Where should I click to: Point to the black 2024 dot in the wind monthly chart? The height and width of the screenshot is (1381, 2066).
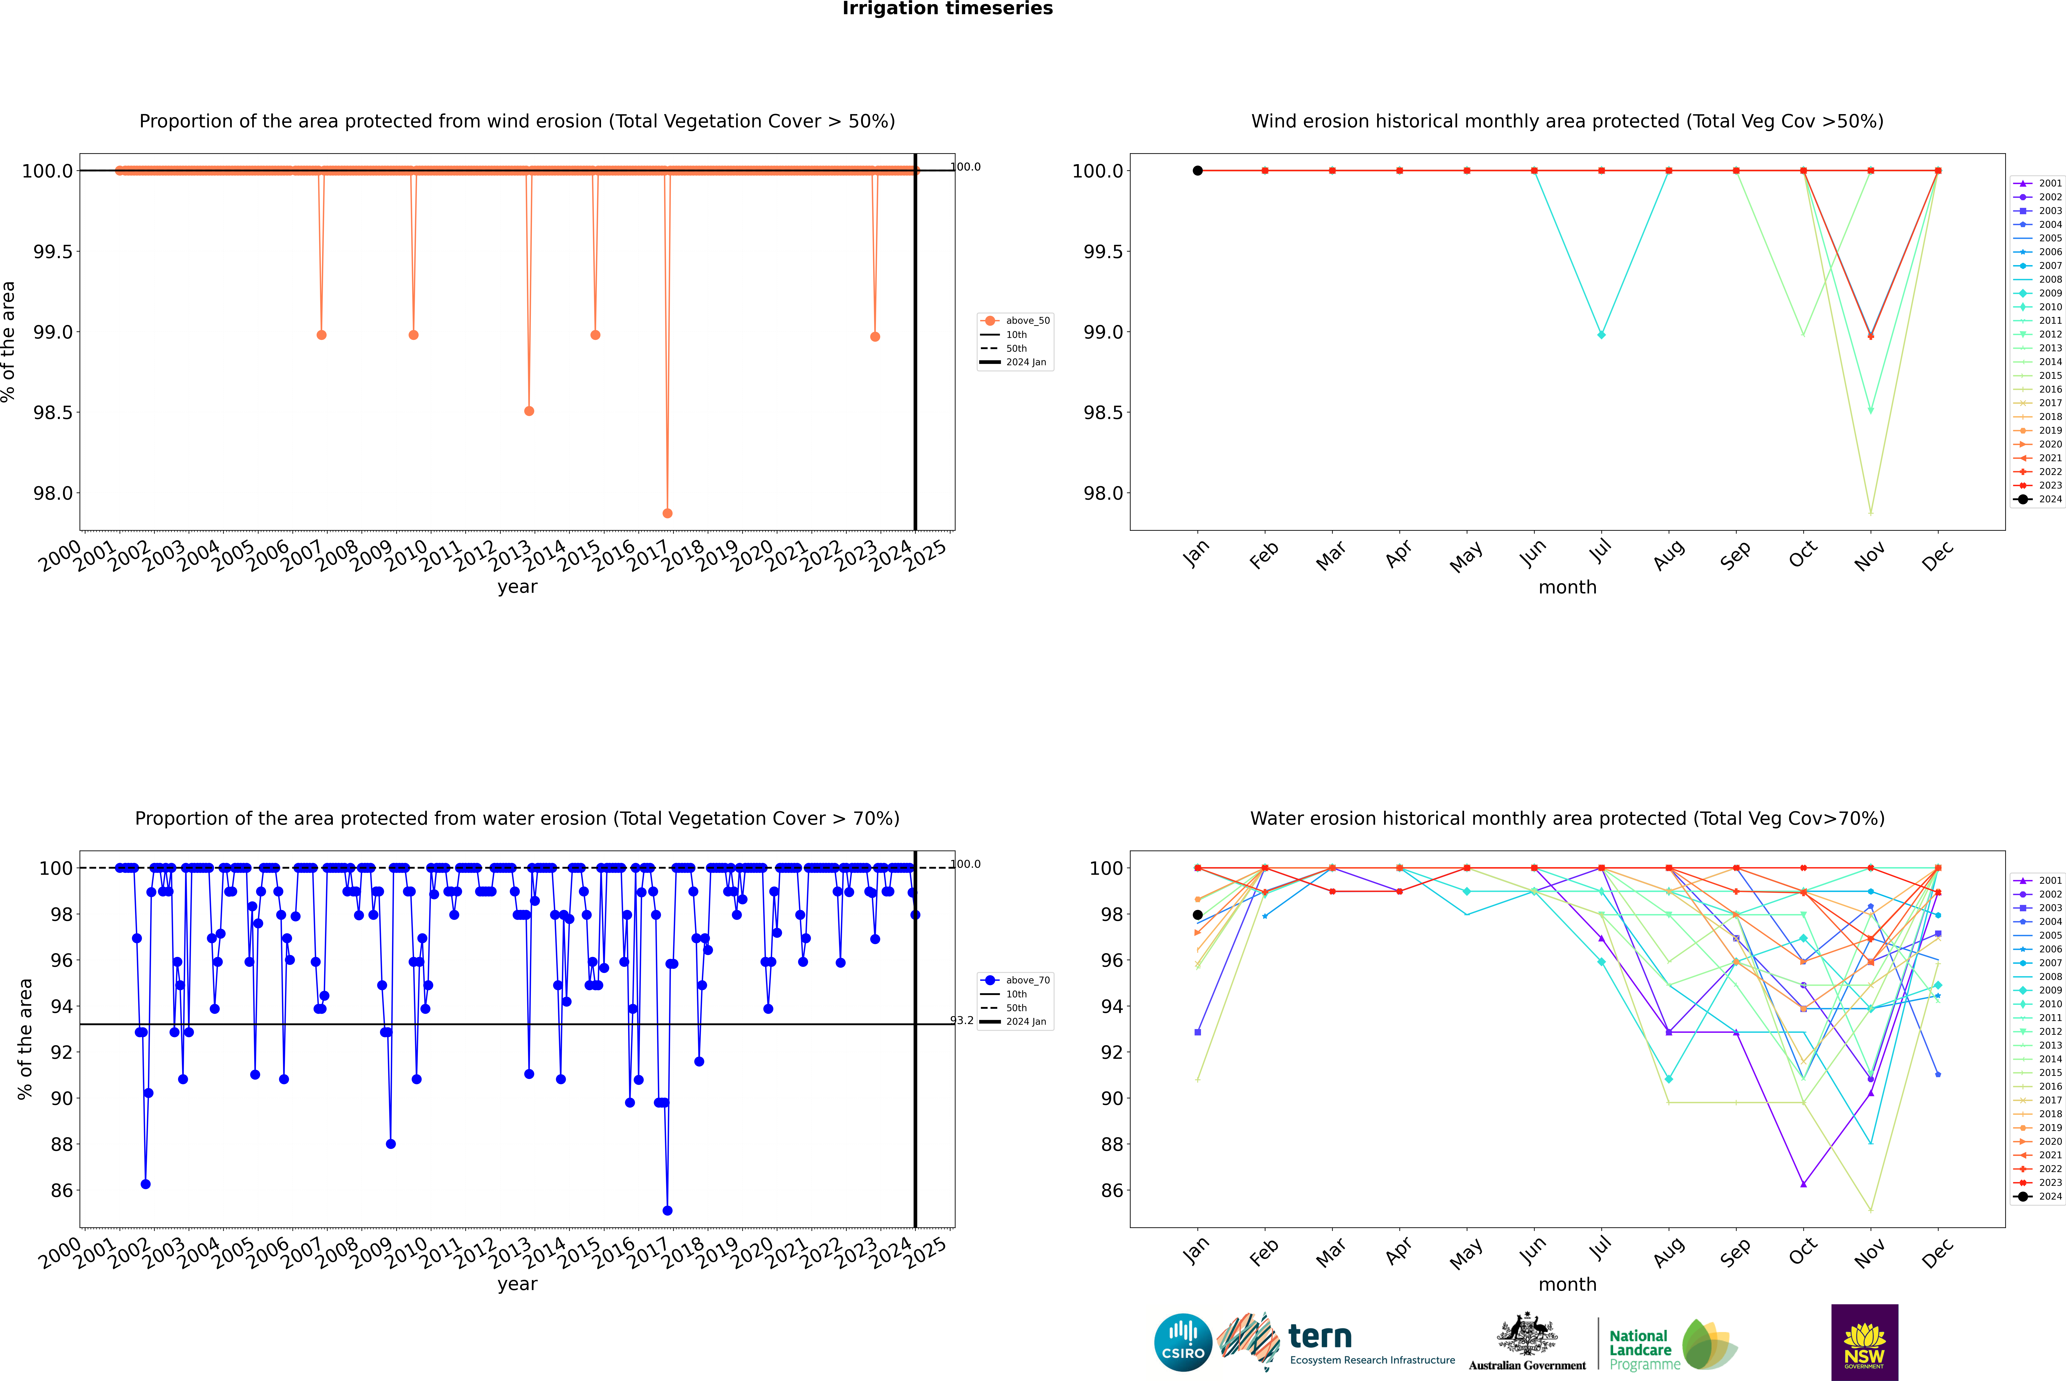coord(1198,171)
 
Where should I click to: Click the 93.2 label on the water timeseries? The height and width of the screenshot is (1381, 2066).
coord(962,1021)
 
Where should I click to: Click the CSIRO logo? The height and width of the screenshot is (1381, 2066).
coord(1183,1342)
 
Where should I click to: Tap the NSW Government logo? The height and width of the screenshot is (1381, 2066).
coord(1864,1342)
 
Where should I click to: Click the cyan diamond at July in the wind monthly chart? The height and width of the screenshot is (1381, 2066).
coord(1601,335)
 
